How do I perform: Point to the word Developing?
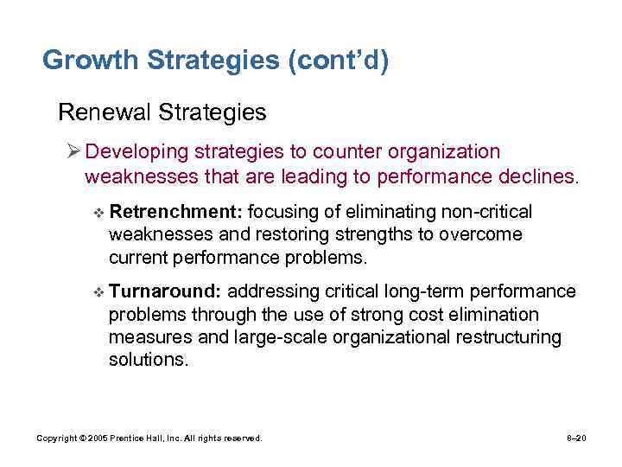(132, 152)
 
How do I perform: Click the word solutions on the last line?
(148, 359)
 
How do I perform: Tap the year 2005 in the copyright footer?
(94, 438)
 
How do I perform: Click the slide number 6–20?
(576, 438)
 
